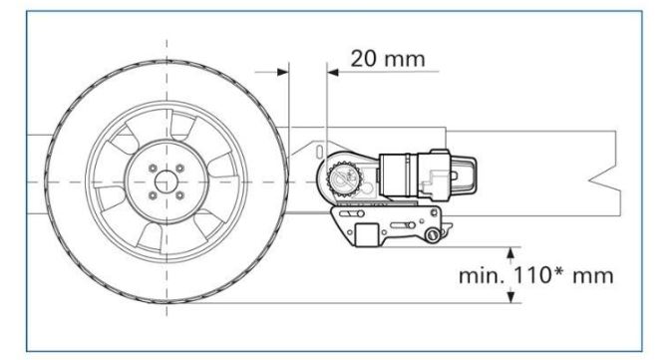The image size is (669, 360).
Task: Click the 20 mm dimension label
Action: (388, 59)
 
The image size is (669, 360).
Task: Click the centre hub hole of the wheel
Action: (166, 181)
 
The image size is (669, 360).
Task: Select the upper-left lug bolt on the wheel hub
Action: (153, 169)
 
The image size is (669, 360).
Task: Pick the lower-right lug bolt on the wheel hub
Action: (180, 195)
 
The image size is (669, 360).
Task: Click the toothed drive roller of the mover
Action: (344, 180)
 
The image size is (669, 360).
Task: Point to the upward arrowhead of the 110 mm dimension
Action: (510, 253)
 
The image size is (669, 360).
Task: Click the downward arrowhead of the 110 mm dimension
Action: (510, 297)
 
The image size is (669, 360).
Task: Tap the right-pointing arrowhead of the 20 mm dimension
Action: (283, 72)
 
